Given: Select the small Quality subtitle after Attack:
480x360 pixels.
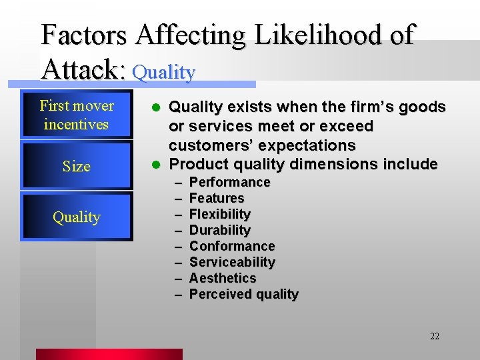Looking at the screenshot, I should click(164, 72).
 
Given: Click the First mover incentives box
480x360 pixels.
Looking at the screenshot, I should click(77, 115).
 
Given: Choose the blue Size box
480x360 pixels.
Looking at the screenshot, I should click(77, 166).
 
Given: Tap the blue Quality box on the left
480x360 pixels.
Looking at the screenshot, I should click(77, 217).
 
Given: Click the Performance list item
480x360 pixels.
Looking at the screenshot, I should click(229, 182).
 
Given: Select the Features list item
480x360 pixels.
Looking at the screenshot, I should click(217, 198).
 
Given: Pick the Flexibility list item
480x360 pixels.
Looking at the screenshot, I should click(220, 214).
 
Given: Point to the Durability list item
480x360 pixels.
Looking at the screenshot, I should click(220, 230).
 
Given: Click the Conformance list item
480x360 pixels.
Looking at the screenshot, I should click(232, 246).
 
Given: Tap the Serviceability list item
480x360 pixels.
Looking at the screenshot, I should click(232, 262).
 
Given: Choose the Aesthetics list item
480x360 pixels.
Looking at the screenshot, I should click(223, 278).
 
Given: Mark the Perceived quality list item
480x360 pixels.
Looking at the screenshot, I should click(244, 294).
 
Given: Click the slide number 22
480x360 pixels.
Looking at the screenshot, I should click(434, 336).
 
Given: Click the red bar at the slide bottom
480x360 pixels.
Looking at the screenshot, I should click(109, 354).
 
